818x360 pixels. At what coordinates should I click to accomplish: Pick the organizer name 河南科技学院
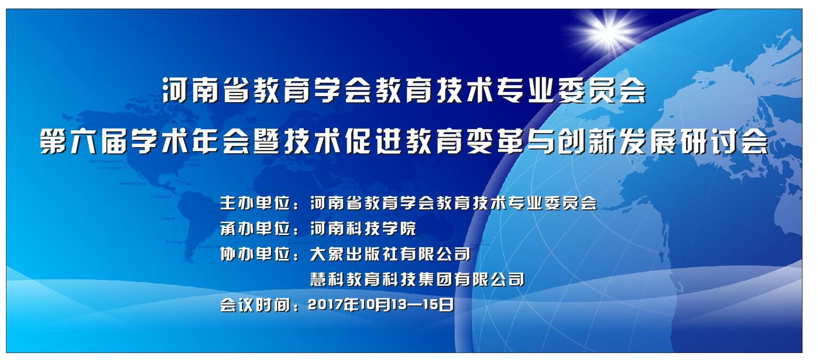363,229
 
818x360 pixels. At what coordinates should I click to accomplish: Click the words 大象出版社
354,254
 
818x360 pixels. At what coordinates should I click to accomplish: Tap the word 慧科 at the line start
327,279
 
